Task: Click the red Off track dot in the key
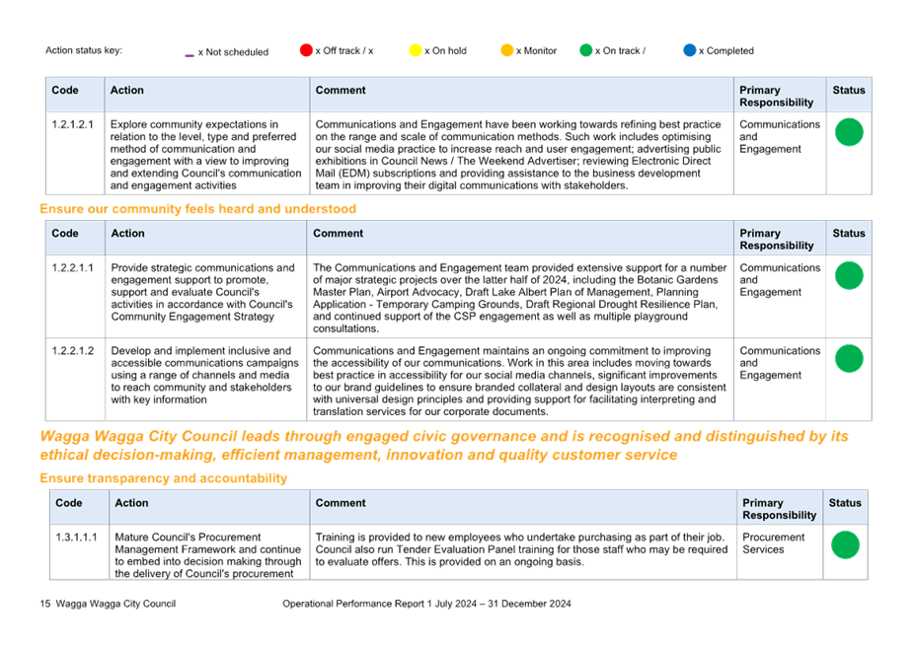coord(306,50)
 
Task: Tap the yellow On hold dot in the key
coord(416,50)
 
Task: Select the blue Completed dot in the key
coord(690,50)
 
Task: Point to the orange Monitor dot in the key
coord(507,50)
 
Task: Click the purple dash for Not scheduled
coord(190,55)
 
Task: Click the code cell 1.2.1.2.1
coord(72,124)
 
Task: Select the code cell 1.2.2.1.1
coord(72,267)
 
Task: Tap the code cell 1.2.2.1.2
coord(72,350)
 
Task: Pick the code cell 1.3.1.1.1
coord(77,537)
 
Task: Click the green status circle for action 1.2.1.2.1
coord(850,132)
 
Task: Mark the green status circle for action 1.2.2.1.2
coord(850,359)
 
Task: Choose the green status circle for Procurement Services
coord(845,544)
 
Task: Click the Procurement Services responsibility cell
coord(774,543)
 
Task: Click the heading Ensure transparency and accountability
coord(164,478)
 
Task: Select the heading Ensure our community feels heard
coord(198,209)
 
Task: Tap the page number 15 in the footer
coord(45,604)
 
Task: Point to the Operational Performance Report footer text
coord(427,604)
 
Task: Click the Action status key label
coord(84,50)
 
